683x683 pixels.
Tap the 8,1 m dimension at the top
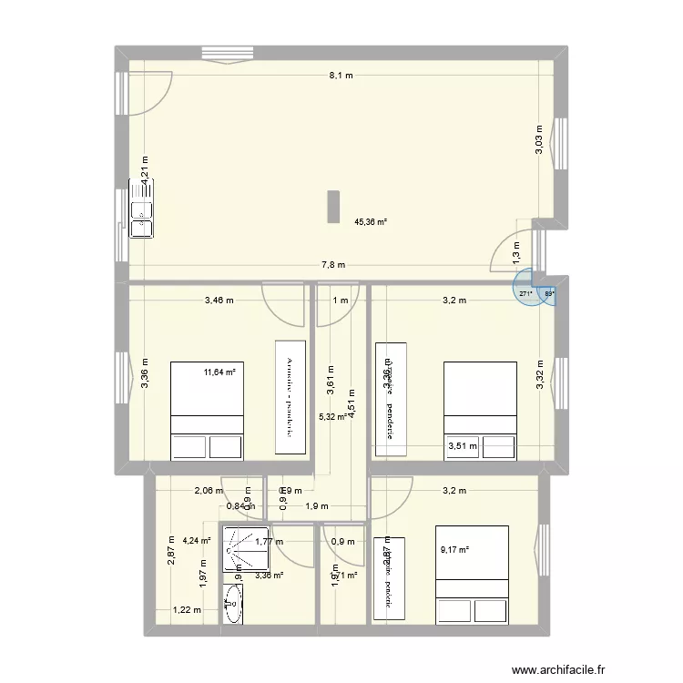pos(341,76)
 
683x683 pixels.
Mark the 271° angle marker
pos(525,293)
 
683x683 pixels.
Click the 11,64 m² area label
pos(219,372)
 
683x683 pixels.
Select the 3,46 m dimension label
pos(219,301)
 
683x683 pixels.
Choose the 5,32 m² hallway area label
pos(331,418)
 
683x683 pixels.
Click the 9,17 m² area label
pos(454,549)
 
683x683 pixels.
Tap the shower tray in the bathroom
pos(244,549)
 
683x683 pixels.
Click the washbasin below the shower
pos(232,602)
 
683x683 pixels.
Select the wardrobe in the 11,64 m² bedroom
pos(292,396)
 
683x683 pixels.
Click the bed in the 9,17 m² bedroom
pos(473,573)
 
